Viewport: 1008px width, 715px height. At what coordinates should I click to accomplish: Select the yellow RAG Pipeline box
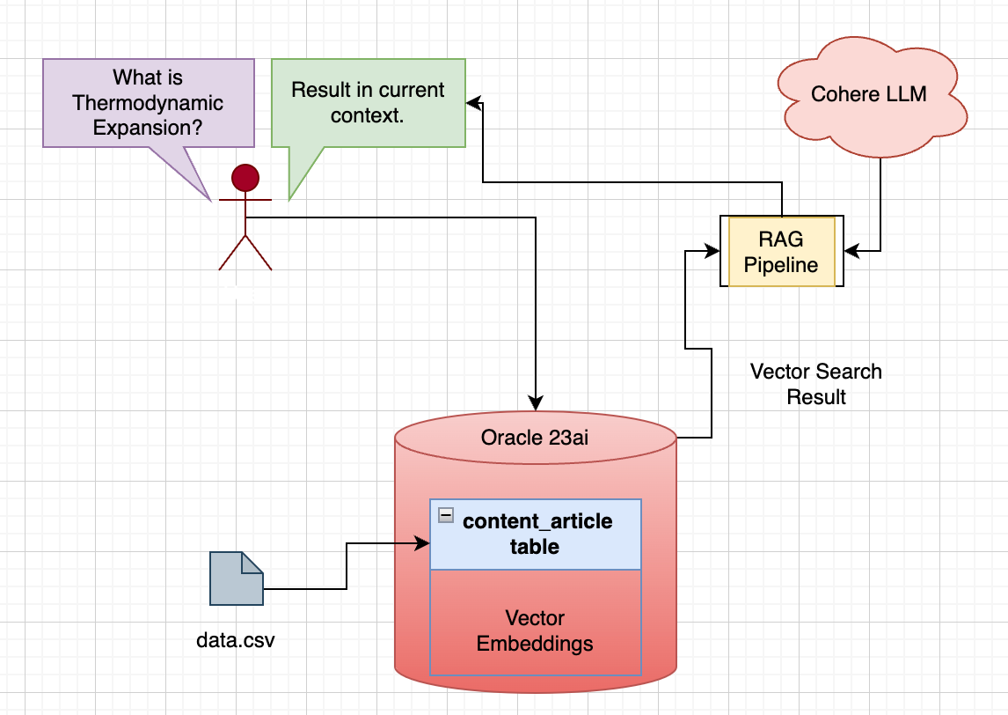tap(781, 252)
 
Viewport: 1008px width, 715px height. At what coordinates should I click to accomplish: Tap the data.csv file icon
tap(236, 579)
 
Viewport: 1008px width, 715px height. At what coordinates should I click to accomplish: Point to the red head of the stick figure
tap(245, 178)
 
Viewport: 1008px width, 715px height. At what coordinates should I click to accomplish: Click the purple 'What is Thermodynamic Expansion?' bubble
tap(148, 103)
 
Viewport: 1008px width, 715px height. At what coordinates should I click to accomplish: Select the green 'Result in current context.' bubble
tap(368, 102)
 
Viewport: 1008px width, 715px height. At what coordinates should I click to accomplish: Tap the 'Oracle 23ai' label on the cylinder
tap(535, 438)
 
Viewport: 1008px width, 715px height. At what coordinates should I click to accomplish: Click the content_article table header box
tap(536, 534)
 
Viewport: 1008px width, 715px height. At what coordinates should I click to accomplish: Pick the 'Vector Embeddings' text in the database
tap(535, 630)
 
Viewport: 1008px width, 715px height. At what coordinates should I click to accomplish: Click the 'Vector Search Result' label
tap(815, 384)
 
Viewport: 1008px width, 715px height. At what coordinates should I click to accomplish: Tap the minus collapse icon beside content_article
tap(447, 515)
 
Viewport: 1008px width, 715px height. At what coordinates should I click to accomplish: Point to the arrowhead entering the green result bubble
tap(472, 104)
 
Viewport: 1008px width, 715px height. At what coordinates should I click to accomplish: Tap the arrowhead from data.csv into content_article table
tap(423, 544)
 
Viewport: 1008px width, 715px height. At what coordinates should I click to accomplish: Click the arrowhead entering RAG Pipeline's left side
tap(713, 252)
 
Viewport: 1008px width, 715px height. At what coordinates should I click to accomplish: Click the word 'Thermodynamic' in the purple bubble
tap(148, 103)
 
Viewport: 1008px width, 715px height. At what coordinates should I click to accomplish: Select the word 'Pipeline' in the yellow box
tap(781, 264)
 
